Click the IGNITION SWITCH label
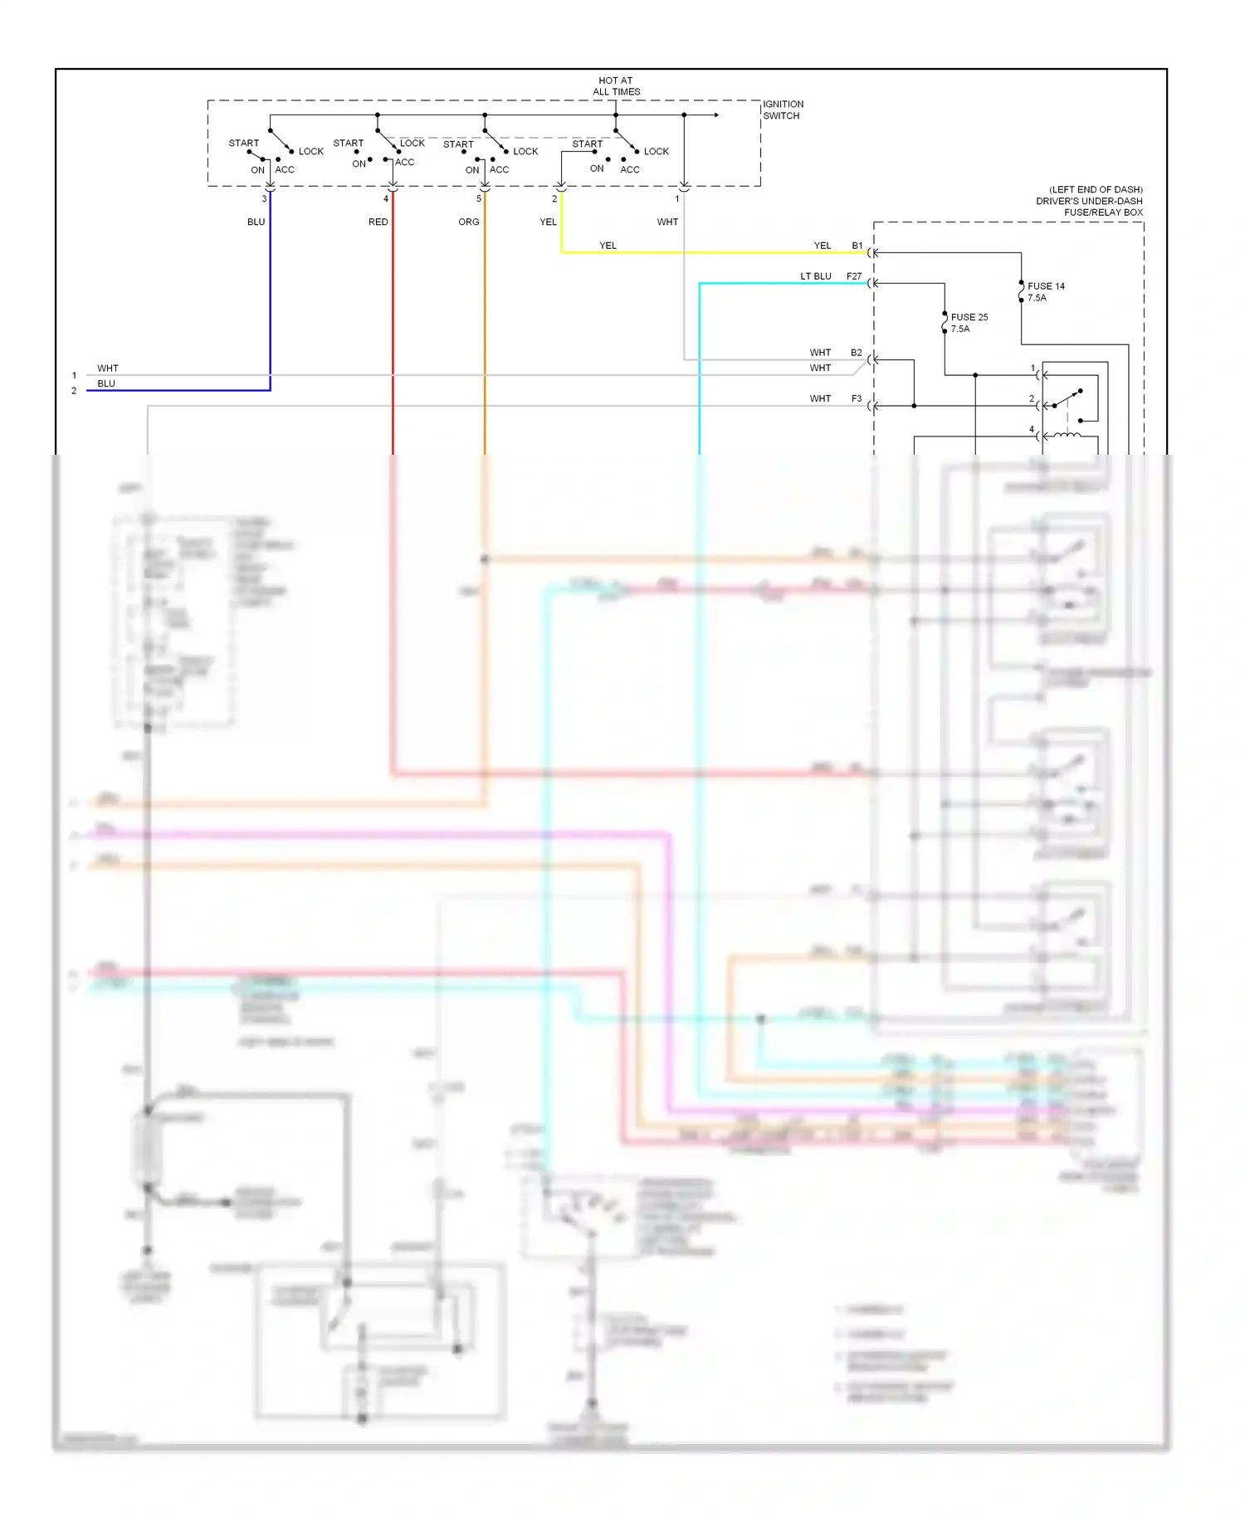783,110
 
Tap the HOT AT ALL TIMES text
616,86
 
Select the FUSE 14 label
1046,286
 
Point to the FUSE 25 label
969,317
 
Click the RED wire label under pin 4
378,222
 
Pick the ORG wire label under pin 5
468,222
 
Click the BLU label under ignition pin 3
256,222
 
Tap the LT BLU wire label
815,276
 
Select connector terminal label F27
854,276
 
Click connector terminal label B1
857,246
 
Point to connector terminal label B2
856,353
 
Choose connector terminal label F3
857,399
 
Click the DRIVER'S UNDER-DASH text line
1089,201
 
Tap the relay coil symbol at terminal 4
1067,435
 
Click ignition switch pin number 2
554,199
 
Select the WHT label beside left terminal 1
108,368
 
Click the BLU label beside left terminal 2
106,383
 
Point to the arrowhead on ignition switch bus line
715,115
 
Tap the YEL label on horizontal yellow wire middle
608,246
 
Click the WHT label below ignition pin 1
667,222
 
